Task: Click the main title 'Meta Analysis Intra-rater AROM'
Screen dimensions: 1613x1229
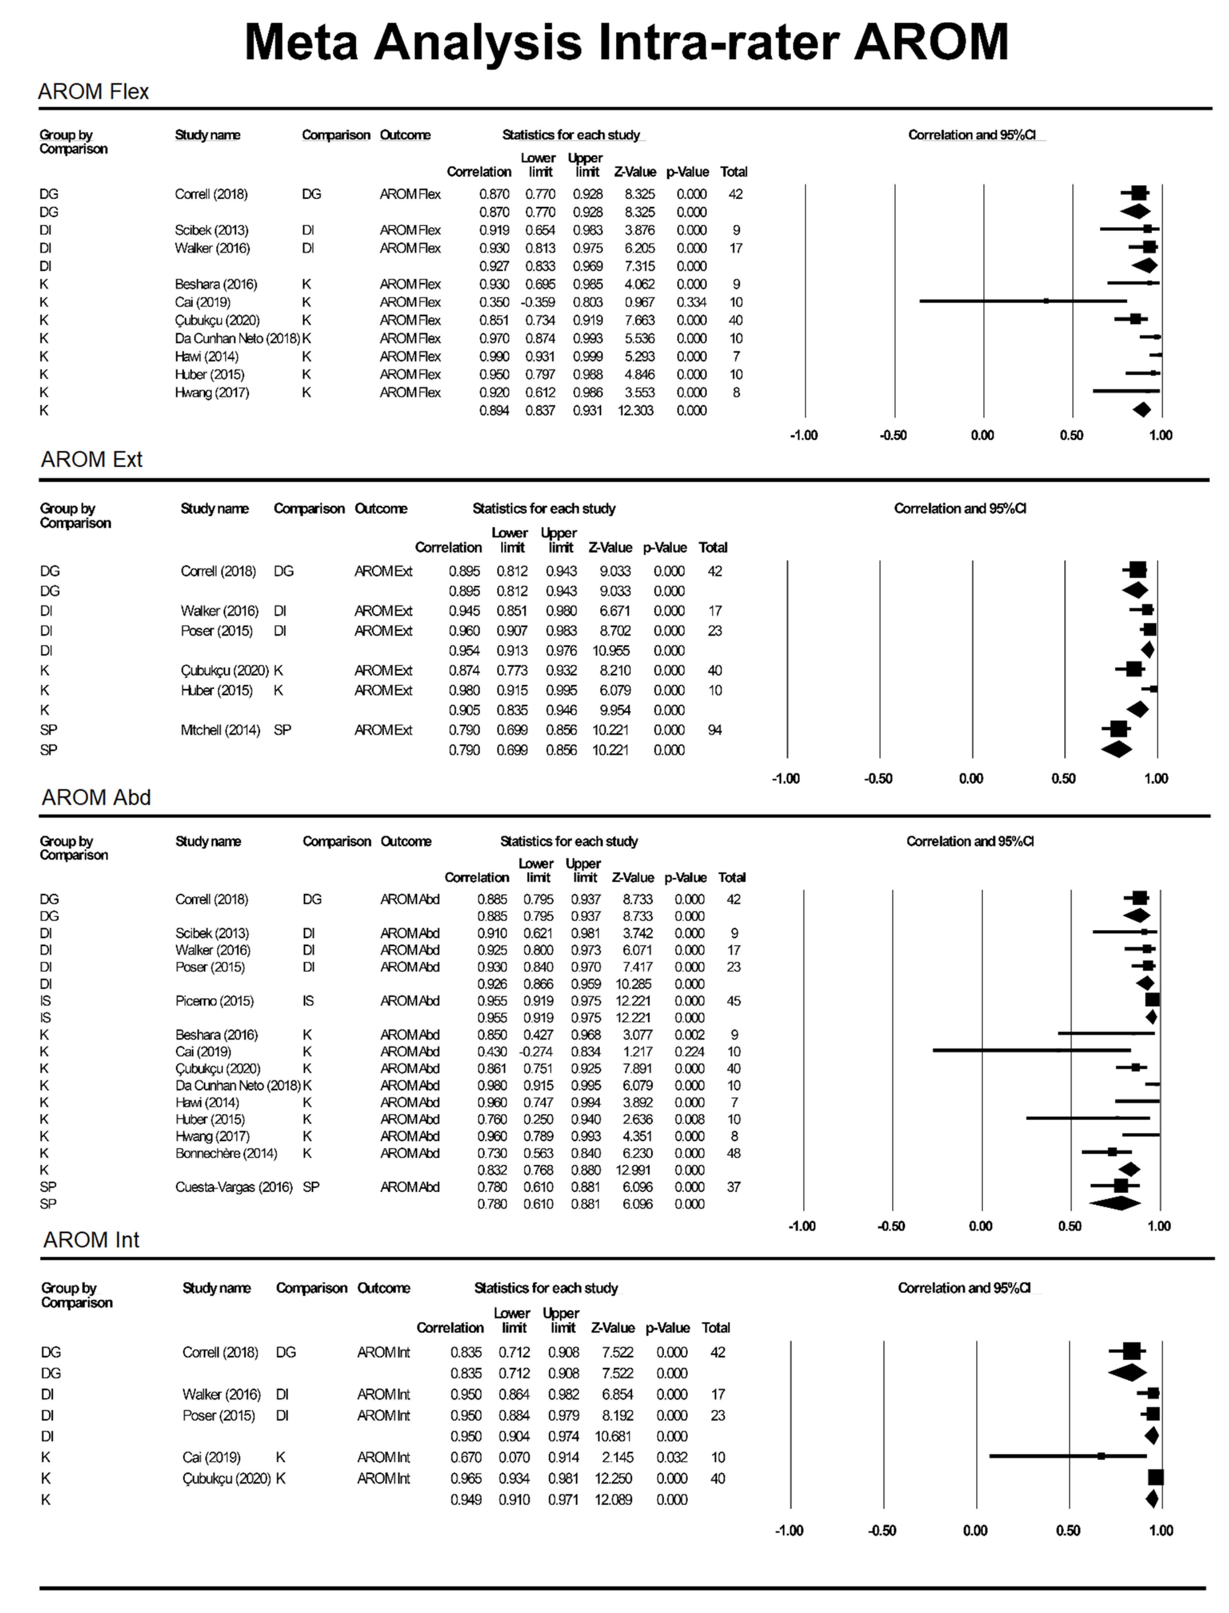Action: click(x=626, y=42)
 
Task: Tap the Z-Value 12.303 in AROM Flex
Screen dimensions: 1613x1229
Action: click(x=635, y=411)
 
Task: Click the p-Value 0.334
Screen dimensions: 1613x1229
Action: click(x=691, y=302)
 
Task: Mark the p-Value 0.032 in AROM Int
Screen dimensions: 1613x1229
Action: click(x=671, y=1457)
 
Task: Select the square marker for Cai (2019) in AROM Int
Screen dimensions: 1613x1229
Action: click(x=1101, y=1456)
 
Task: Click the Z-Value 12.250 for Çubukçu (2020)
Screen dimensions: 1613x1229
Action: click(x=613, y=1478)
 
